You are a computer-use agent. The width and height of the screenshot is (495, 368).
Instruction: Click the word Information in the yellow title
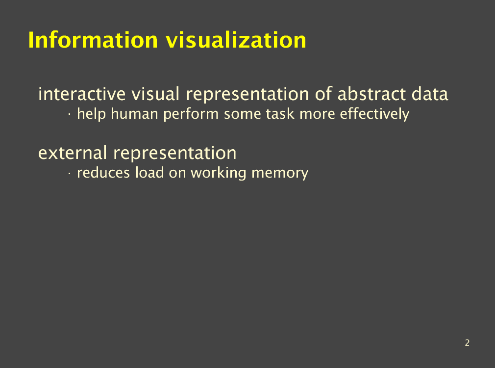pos(93,40)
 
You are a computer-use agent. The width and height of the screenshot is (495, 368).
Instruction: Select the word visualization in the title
pos(236,40)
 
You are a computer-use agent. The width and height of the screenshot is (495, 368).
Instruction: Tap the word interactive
pos(82,94)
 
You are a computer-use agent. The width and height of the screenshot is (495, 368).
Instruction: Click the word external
pos(73,153)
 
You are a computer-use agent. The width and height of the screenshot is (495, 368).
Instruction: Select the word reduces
pos(103,173)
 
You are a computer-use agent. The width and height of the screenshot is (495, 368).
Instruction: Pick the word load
pos(149,173)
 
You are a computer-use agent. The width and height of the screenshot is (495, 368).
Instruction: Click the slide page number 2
pos(467,342)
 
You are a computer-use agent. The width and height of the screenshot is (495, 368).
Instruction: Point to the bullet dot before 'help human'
pos(69,114)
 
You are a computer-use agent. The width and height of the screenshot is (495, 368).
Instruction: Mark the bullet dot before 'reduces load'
pos(69,173)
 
